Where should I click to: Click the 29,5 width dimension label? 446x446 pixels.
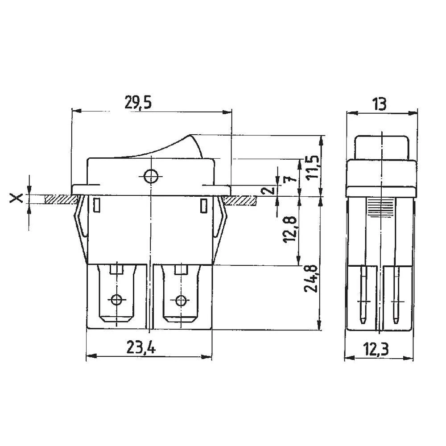138,103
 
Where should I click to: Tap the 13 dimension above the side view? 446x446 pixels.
380,104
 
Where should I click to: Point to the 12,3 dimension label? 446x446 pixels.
376,349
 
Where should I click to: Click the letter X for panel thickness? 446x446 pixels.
17,198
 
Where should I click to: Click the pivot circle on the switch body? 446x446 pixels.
151,176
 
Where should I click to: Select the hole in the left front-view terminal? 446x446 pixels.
117,300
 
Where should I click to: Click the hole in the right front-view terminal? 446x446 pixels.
181,300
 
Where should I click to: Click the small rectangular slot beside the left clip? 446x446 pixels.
96,206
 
